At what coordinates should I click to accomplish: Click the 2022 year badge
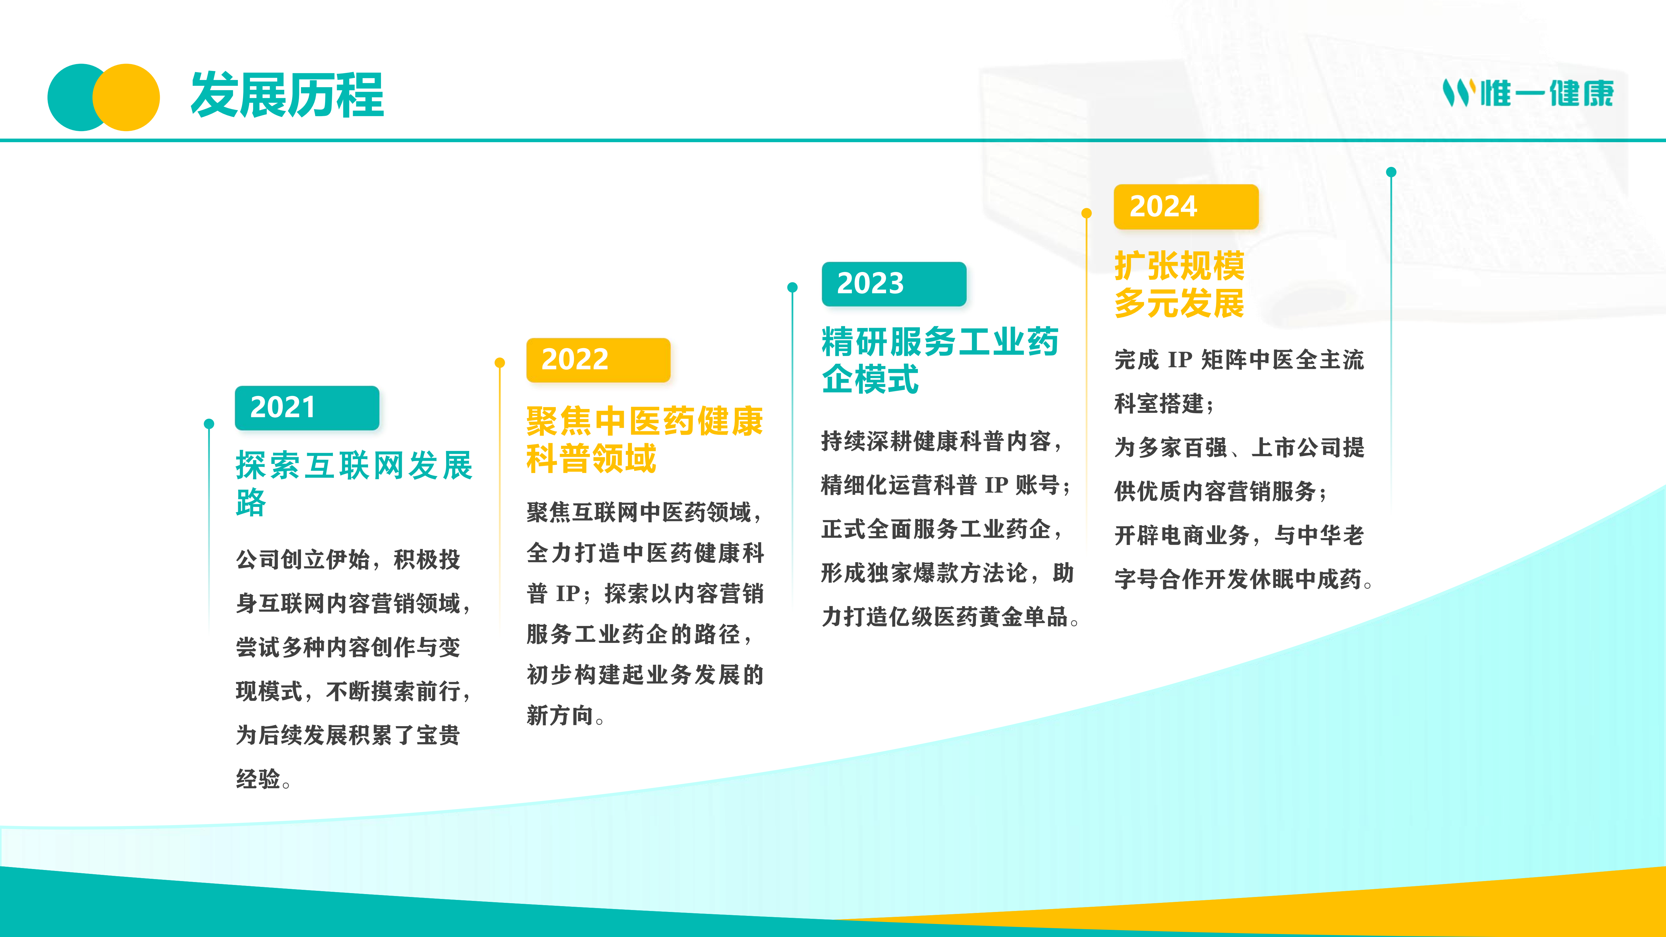point(598,360)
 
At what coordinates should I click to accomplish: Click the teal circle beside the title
point(71,97)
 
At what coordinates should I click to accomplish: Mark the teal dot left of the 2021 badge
point(209,424)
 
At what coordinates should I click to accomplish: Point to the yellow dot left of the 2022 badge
point(499,363)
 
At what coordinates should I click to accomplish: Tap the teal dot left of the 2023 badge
point(792,287)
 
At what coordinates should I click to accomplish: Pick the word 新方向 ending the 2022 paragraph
point(560,715)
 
